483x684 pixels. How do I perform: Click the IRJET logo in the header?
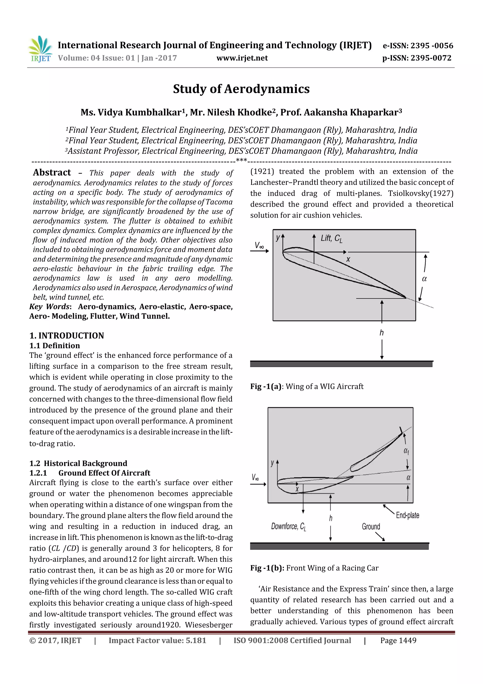(x=40, y=49)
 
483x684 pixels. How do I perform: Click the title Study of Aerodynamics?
(x=241, y=89)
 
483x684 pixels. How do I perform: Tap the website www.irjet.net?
(x=242, y=58)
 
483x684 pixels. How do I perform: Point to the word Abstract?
(x=52, y=173)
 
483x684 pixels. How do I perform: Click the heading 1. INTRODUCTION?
(x=67, y=336)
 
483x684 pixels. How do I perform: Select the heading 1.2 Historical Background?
(x=78, y=463)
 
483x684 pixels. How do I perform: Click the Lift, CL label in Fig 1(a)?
(x=331, y=238)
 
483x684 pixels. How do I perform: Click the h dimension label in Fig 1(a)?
(x=382, y=333)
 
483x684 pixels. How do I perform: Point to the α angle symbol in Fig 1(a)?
(x=424, y=279)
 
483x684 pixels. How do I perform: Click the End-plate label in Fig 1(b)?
(x=407, y=515)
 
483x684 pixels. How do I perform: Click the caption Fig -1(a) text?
(x=307, y=387)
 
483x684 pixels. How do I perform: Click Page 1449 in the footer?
(x=398, y=641)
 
